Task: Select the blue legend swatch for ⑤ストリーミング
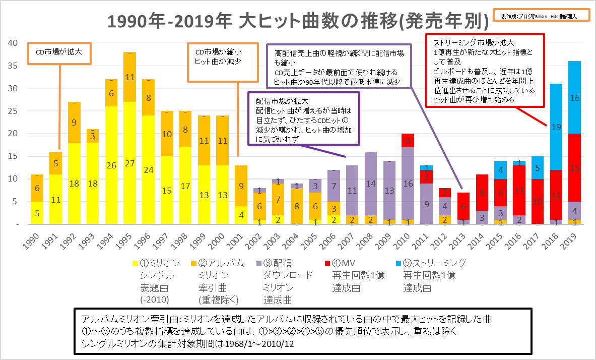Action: click(x=396, y=263)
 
